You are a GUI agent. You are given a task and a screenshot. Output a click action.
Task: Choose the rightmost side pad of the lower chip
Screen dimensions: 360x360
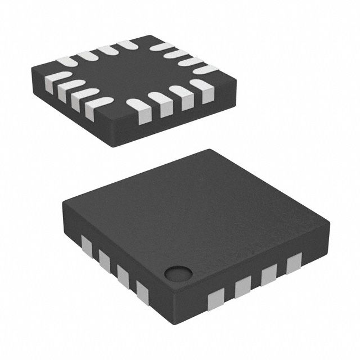(294, 263)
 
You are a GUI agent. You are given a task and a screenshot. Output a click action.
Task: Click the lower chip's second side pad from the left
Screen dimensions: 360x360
(104, 259)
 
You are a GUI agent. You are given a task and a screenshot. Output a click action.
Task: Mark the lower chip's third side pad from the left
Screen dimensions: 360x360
(123, 274)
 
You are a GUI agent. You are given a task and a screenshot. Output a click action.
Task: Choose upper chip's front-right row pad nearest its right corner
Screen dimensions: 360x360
(200, 85)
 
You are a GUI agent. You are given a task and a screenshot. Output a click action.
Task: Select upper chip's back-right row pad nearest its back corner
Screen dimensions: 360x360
(161, 47)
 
